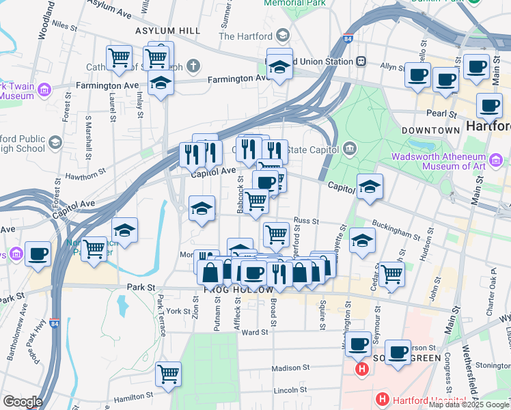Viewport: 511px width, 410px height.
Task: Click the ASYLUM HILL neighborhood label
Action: [167, 31]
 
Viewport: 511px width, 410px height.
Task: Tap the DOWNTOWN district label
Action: [430, 130]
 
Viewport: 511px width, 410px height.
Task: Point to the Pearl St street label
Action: [443, 113]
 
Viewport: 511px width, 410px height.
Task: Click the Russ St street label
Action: [306, 221]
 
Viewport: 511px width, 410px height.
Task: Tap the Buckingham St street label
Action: [396, 230]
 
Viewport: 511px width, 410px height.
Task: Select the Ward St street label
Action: [253, 332]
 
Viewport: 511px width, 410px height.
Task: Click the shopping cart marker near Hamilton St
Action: [168, 374]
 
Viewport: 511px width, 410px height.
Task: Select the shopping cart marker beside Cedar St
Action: [392, 274]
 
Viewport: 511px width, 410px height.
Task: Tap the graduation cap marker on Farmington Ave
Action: [161, 83]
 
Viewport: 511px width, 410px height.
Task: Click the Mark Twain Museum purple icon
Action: [45, 90]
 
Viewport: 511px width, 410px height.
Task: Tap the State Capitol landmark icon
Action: [350, 148]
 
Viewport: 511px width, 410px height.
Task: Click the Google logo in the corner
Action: [23, 401]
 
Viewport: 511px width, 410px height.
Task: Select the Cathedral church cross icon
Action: [194, 66]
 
